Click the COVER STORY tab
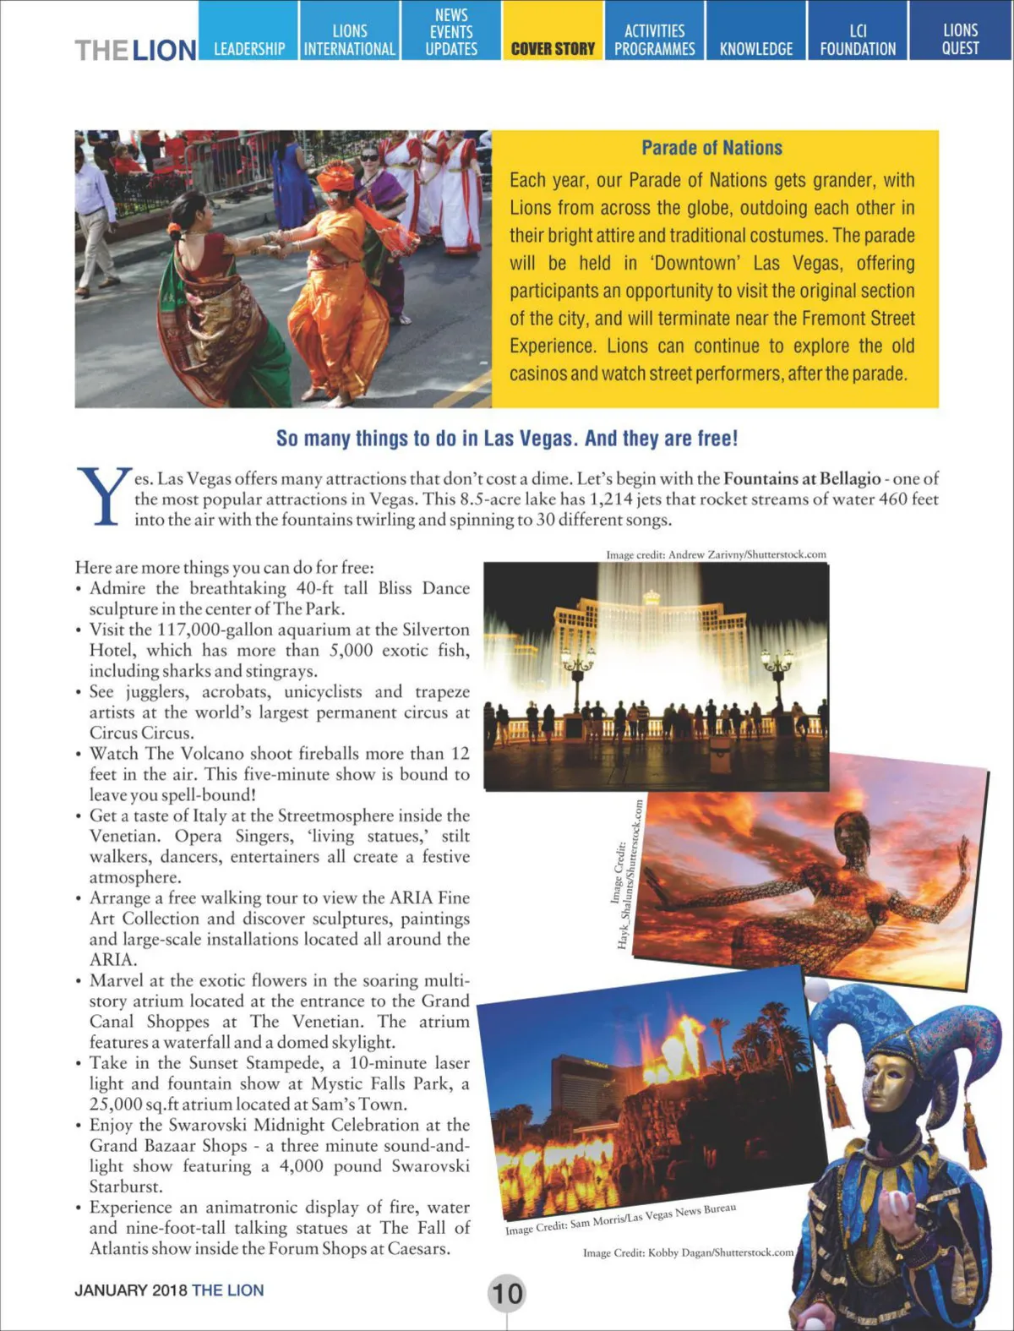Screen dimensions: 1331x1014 coord(553,49)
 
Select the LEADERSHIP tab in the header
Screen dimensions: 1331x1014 coord(249,49)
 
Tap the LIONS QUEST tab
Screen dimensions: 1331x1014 coord(960,40)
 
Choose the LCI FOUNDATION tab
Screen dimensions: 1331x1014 coord(858,40)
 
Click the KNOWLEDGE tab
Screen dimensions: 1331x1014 coord(756,49)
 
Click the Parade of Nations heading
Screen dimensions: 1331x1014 coord(711,148)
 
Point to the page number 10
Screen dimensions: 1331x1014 coord(507,1293)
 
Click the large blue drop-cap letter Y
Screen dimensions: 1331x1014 coord(103,497)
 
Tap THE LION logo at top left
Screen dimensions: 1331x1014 coord(135,50)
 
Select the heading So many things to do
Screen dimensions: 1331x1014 coord(507,439)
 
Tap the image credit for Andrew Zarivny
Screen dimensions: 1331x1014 coord(716,555)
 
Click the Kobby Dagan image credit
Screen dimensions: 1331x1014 coord(688,1252)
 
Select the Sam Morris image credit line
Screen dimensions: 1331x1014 coord(620,1219)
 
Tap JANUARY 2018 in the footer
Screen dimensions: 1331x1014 coord(131,1290)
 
